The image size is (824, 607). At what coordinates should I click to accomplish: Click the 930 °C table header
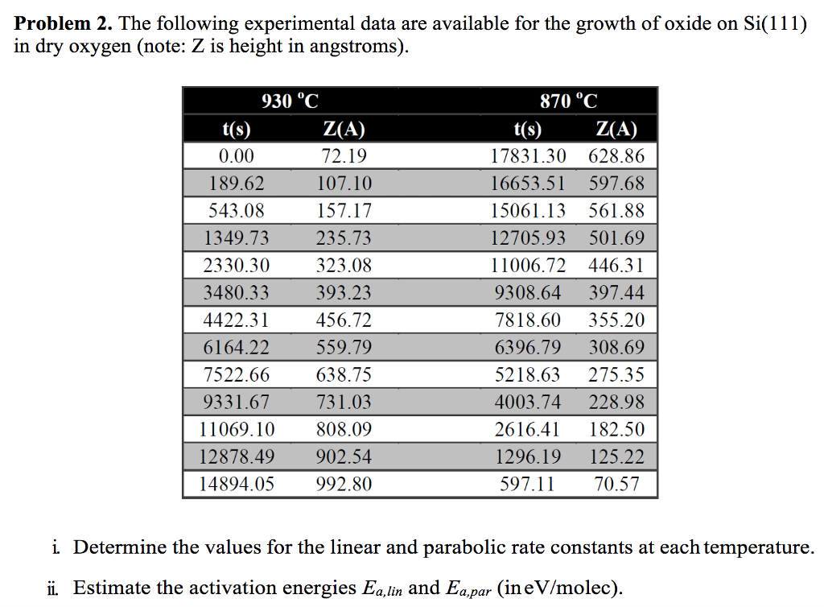click(x=290, y=101)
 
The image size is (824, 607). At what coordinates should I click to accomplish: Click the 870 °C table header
click(x=568, y=101)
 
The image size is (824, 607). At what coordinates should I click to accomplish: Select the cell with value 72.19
click(x=344, y=156)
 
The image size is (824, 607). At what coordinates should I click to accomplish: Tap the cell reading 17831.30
click(x=529, y=156)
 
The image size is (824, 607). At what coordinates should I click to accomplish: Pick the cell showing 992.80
click(x=344, y=485)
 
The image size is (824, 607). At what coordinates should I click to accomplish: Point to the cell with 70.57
click(x=616, y=485)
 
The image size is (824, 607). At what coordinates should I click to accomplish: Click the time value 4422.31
click(x=237, y=320)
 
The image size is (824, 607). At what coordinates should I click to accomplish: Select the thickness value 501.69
click(x=616, y=238)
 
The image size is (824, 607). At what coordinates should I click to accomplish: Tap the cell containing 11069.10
click(x=237, y=430)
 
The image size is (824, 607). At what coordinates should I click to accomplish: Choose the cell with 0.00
click(x=237, y=156)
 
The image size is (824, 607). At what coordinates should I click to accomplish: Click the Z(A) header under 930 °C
click(x=344, y=130)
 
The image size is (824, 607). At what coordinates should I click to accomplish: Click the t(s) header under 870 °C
click(x=528, y=130)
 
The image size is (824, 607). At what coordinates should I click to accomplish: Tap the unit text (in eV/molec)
click(x=562, y=588)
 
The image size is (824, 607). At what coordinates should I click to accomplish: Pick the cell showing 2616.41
click(x=527, y=430)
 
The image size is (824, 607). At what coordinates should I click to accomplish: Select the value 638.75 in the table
click(x=344, y=375)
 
